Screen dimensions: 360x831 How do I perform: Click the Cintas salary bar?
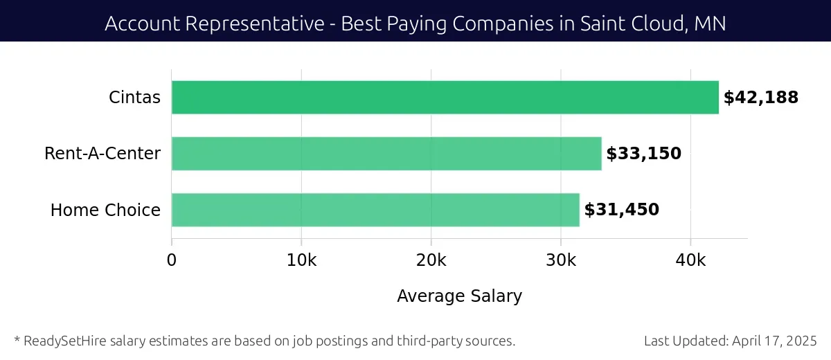445,98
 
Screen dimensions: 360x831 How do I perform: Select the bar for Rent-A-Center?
386,154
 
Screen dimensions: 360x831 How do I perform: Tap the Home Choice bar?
375,210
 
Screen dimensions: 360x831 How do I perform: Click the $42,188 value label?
761,98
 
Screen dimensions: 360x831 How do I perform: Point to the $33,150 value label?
644,154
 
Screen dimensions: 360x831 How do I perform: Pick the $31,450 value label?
622,210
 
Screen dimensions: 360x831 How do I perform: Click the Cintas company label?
134,98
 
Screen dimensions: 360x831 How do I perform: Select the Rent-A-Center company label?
102,154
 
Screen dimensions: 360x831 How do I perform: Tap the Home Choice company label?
105,210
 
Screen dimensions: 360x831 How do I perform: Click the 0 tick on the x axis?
172,260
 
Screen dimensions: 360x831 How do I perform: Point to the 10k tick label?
301,260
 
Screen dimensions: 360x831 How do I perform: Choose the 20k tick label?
431,260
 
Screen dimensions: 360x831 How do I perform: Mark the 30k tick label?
560,260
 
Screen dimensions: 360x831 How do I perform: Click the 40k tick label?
690,260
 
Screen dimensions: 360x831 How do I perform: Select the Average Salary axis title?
459,296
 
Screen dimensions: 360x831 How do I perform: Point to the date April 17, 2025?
774,341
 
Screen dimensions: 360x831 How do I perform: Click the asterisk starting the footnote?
17,340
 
